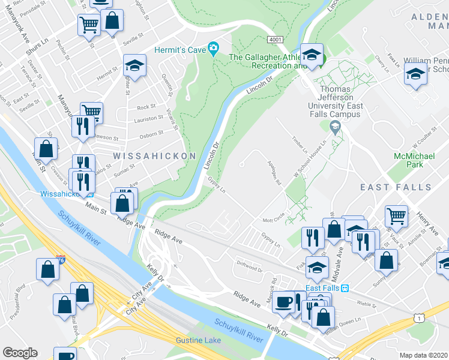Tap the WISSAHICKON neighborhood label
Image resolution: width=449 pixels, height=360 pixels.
click(x=154, y=156)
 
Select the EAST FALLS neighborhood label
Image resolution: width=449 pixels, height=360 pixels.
click(x=396, y=187)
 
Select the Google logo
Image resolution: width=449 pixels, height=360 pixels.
click(x=20, y=353)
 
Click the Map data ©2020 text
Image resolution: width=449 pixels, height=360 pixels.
click(x=424, y=355)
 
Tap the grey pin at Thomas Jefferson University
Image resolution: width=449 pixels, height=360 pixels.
click(x=334, y=126)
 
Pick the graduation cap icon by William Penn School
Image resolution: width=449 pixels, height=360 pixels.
click(x=415, y=75)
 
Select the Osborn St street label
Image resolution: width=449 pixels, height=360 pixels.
click(x=151, y=134)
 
